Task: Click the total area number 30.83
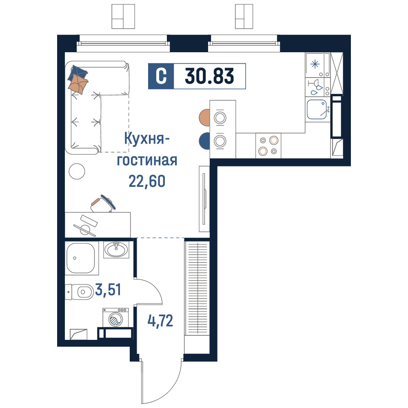tap(209, 76)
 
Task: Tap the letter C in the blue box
tap(161, 76)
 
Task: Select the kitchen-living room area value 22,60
tap(147, 182)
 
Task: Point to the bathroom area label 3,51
tap(108, 290)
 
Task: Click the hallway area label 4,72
tap(160, 321)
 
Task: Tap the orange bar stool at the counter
tap(204, 118)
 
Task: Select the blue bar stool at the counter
tap(204, 141)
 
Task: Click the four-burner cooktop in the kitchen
tap(268, 146)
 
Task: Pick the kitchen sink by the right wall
tap(317, 109)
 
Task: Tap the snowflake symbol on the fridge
tap(315, 64)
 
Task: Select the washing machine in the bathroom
tap(116, 317)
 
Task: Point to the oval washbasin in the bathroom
tap(116, 249)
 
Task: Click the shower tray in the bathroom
tap(82, 258)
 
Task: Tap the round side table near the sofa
tap(77, 171)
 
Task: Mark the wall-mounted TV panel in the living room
tap(204, 199)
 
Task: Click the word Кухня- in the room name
tap(147, 139)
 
